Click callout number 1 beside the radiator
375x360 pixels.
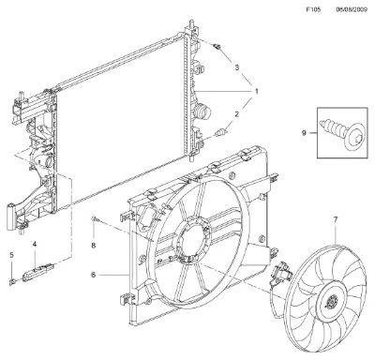coord(256,92)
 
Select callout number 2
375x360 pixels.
coord(236,114)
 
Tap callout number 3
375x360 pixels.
coord(237,67)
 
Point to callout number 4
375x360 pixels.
coord(35,244)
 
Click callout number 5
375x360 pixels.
coord(11,255)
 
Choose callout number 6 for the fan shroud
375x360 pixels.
coord(93,275)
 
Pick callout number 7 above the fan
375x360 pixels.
coord(336,219)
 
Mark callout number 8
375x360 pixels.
coord(93,246)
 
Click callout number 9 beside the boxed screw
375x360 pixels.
coord(304,133)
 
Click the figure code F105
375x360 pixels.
coord(313,9)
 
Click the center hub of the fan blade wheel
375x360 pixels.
coord(331,302)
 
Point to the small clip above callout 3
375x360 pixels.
coord(217,47)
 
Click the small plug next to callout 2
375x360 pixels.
coord(220,132)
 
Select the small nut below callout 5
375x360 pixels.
coord(11,282)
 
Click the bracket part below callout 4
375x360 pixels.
coord(38,272)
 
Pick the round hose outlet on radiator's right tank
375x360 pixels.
coord(201,112)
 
